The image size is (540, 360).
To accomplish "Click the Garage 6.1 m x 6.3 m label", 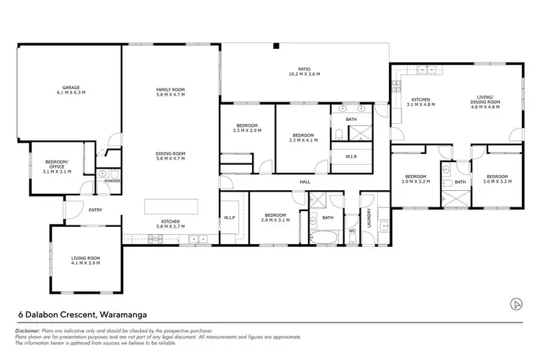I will pyautogui.click(x=71, y=91).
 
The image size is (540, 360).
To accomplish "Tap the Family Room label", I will pyautogui.click(x=171, y=91).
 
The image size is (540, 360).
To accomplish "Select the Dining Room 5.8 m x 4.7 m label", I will pyautogui.click(x=171, y=156).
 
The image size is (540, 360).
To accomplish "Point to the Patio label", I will pyautogui.click(x=304, y=72).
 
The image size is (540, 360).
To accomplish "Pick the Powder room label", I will pyautogui.click(x=112, y=181).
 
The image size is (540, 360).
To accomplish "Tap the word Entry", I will pyautogui.click(x=95, y=210).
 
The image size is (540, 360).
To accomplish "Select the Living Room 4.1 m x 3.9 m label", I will pyautogui.click(x=85, y=260).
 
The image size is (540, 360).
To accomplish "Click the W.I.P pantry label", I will pyautogui.click(x=230, y=217).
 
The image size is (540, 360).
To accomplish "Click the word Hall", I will pyautogui.click(x=305, y=182).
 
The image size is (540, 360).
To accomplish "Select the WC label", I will pyautogui.click(x=352, y=231).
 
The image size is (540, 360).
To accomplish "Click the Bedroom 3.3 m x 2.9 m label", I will pyautogui.click(x=247, y=129).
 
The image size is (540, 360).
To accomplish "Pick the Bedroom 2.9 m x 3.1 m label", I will pyautogui.click(x=276, y=217).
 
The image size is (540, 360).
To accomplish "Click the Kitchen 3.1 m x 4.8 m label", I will pyautogui.click(x=422, y=102).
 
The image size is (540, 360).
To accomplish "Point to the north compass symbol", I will pyautogui.click(x=516, y=303).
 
